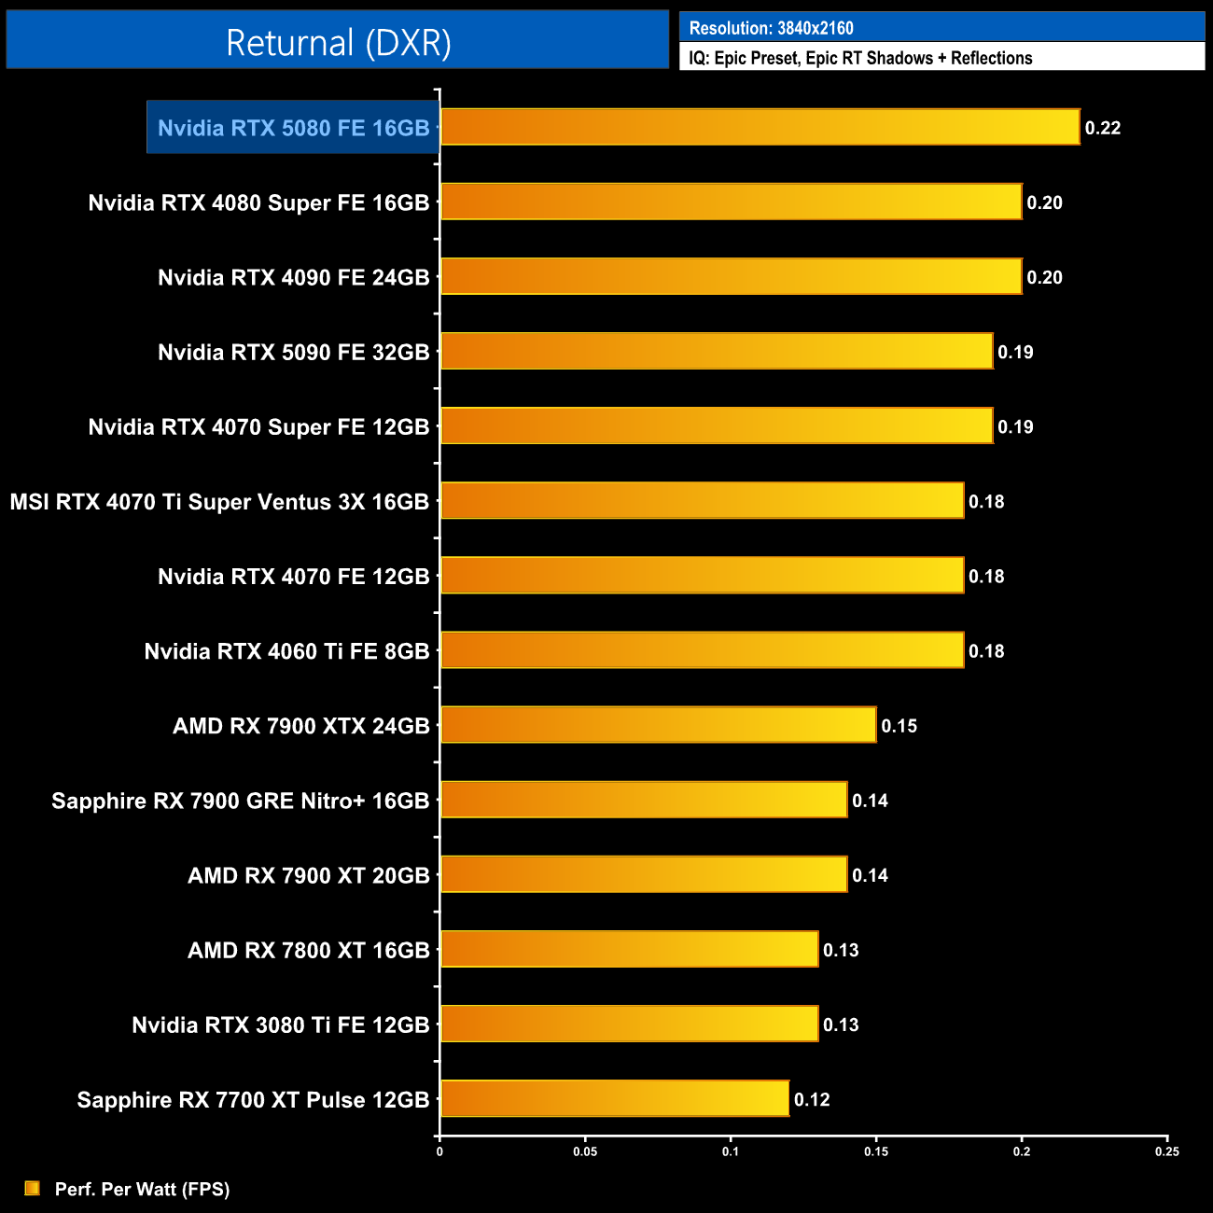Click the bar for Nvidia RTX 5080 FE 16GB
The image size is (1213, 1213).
click(760, 127)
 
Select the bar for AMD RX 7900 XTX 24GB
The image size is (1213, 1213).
click(658, 725)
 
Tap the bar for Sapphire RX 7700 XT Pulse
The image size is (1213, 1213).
click(614, 1098)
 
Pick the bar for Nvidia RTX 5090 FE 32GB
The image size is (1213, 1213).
click(717, 351)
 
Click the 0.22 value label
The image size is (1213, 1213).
click(1103, 128)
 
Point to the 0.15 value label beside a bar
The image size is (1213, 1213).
click(899, 726)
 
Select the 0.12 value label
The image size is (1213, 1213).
click(812, 1099)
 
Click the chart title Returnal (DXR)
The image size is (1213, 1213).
click(338, 42)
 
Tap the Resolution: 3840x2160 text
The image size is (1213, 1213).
click(771, 28)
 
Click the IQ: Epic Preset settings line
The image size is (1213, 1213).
click(860, 58)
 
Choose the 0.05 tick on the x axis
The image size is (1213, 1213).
click(585, 1151)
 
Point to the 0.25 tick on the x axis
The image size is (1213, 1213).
click(1167, 1151)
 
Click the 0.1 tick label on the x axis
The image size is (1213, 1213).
click(731, 1151)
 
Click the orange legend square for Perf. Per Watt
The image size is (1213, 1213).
click(33, 1188)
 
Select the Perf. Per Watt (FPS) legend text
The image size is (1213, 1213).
click(142, 1189)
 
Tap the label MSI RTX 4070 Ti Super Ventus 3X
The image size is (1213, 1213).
click(219, 502)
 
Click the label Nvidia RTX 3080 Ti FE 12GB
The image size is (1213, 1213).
click(280, 1025)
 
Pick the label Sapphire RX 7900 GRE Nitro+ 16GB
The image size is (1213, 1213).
click(240, 801)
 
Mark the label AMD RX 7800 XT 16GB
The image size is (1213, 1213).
click(308, 950)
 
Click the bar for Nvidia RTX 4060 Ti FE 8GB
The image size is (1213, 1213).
click(702, 650)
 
